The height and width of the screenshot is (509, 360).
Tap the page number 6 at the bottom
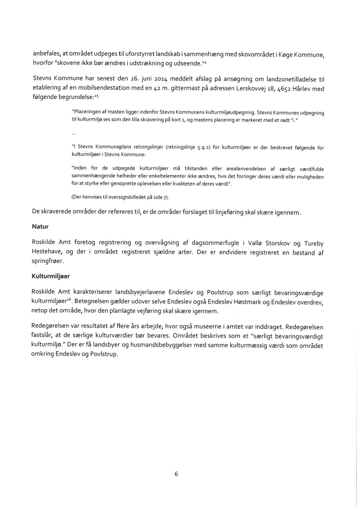click(176, 474)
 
